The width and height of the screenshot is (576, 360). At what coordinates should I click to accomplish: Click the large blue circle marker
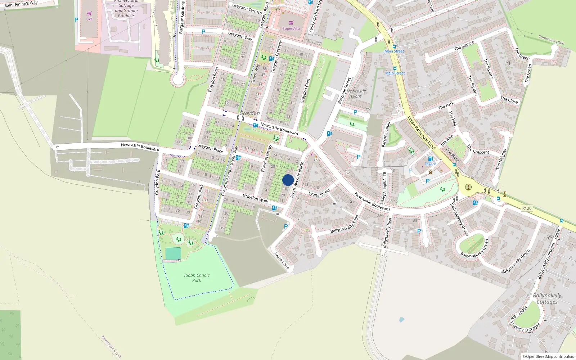288,180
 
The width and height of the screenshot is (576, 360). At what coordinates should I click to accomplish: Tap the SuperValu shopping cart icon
291,23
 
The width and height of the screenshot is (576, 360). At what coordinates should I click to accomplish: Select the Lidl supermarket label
89,19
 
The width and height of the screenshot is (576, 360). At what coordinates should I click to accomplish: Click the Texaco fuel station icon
430,159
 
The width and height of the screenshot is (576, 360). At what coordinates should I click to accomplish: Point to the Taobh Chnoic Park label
196,278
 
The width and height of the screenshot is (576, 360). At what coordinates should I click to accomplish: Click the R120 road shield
527,208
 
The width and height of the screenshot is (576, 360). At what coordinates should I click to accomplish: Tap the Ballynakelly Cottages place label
547,298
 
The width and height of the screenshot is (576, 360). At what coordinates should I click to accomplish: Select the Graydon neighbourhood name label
249,113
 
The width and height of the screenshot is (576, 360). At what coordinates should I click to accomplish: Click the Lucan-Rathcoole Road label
421,132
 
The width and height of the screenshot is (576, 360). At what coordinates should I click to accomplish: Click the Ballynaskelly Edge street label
345,224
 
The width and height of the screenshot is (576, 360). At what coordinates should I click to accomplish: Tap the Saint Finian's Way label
21,4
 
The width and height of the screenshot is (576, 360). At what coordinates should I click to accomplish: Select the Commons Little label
551,40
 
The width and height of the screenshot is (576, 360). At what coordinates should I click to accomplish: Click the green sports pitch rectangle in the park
173,253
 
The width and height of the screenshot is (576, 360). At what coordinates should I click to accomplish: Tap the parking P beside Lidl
76,20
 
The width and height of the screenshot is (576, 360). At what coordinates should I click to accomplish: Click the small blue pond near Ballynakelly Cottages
402,319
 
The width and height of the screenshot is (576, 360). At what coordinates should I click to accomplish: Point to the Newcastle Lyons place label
356,94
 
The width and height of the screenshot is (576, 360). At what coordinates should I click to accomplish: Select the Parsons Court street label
386,135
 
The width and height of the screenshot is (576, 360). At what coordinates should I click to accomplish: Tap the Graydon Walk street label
255,198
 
